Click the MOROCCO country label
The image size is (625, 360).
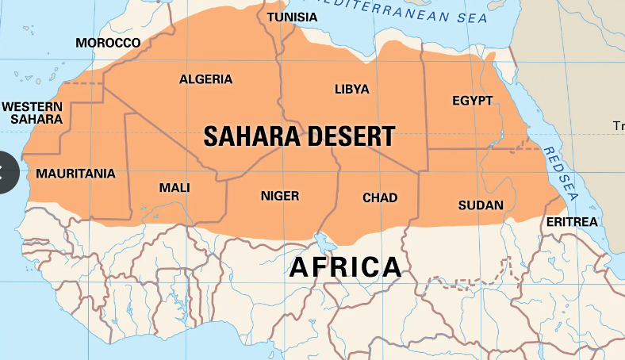click(108, 43)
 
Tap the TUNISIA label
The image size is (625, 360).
click(292, 17)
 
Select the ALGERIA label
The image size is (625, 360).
click(206, 79)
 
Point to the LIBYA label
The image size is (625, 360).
click(351, 89)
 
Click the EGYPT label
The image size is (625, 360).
click(473, 101)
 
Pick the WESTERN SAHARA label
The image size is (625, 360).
click(32, 113)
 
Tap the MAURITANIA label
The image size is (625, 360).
click(75, 173)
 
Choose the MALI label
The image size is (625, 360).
click(174, 187)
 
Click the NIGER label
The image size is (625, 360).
click(280, 195)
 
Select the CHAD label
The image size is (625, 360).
click(380, 197)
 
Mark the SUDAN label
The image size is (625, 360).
click(481, 205)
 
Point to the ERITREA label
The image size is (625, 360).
click(572, 222)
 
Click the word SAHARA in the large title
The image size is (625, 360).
click(250, 136)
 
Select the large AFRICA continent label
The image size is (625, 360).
click(345, 267)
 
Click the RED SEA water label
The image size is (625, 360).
click(559, 174)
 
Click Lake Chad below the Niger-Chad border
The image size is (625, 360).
click(322, 239)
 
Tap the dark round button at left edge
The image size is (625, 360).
click(8, 172)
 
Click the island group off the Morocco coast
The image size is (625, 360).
click(28, 78)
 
